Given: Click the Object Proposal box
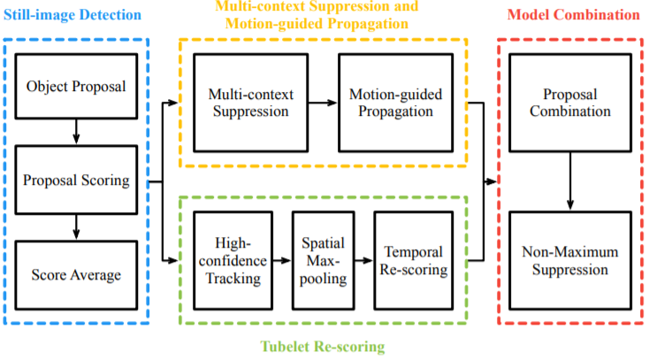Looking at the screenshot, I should (75, 86).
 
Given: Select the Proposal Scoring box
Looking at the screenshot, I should (77, 181).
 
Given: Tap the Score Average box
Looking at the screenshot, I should (77, 275).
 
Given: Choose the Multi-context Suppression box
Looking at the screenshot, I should (248, 103).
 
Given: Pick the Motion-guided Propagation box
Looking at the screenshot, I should (391, 103).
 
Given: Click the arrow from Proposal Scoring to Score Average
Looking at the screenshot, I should (76, 227).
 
